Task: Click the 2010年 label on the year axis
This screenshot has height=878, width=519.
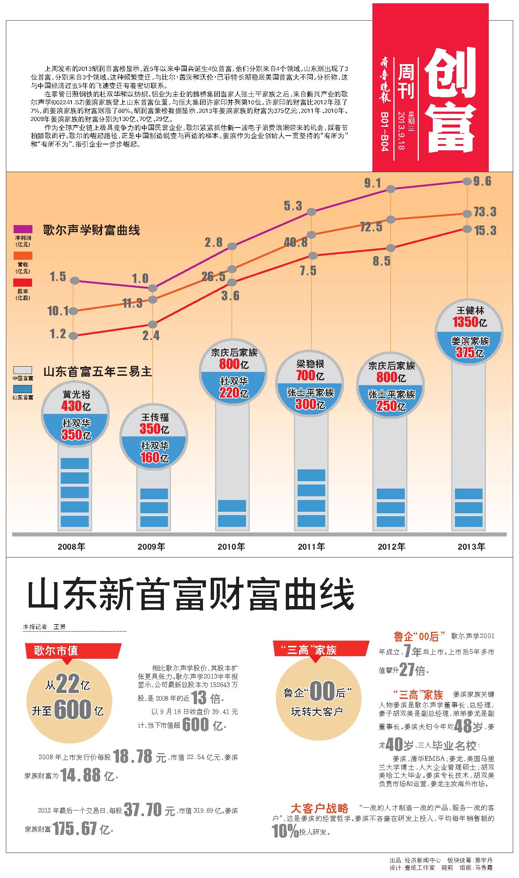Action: [x=231, y=546]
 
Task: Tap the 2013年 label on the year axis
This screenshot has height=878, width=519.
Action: [x=471, y=546]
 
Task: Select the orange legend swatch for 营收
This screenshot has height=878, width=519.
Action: [x=23, y=256]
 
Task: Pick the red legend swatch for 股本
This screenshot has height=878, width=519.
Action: [x=23, y=283]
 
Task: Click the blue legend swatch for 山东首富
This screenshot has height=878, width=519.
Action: [x=22, y=389]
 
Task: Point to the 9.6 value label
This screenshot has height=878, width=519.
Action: [x=482, y=181]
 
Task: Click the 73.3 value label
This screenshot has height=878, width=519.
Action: [x=485, y=212]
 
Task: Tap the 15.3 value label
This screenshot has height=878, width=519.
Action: [x=485, y=231]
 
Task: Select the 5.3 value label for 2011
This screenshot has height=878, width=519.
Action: [x=293, y=206]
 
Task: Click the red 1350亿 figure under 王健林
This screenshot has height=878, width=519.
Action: [x=466, y=322]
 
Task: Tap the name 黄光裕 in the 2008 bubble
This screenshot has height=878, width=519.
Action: [x=76, y=395]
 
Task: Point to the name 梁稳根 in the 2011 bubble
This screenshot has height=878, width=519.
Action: [x=310, y=364]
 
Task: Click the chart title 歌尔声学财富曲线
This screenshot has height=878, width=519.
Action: [x=91, y=231]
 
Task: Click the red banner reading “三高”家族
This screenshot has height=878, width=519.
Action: [x=320, y=650]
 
